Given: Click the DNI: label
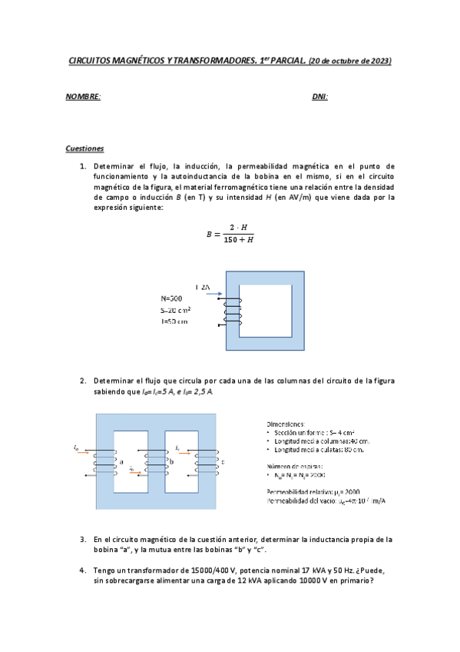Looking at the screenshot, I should click(320, 97).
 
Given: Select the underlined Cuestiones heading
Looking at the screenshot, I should click(84, 148).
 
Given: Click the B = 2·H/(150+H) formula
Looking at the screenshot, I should click(230, 234).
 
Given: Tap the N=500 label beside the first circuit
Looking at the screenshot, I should click(171, 298).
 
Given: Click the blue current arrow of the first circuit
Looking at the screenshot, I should click(214, 294).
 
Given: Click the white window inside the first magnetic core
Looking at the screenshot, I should click(265, 311).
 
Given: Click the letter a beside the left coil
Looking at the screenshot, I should click(121, 461).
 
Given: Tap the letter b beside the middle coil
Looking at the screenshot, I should click(170, 461).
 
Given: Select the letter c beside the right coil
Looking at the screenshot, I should click(223, 461).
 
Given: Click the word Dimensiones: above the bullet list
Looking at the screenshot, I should click(285, 424).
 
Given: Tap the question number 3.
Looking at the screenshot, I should click(82, 539).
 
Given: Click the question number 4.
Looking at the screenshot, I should click(82, 570).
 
